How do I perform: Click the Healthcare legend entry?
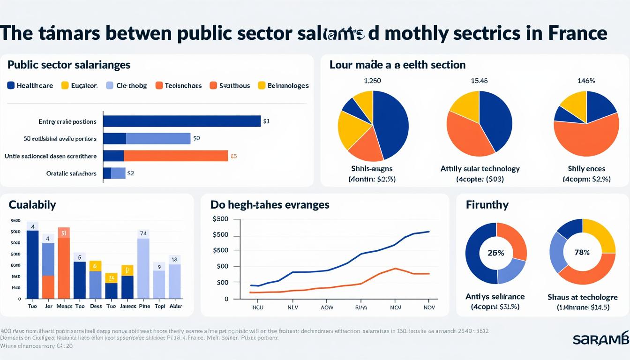click(30, 85)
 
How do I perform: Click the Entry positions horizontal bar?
click(181, 121)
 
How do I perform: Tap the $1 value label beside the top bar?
click(266, 121)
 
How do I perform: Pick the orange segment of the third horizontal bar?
click(175, 156)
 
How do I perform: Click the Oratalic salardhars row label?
click(71, 173)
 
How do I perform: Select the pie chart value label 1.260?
click(372, 81)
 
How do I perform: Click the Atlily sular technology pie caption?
click(480, 169)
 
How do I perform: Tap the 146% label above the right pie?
click(586, 81)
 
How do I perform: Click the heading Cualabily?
click(32, 205)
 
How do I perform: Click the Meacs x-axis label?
click(64, 306)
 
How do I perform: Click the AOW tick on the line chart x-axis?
click(327, 308)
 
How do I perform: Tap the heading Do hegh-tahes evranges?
click(270, 205)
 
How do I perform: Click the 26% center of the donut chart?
click(495, 253)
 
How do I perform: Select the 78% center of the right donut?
click(582, 253)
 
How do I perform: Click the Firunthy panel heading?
click(487, 205)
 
